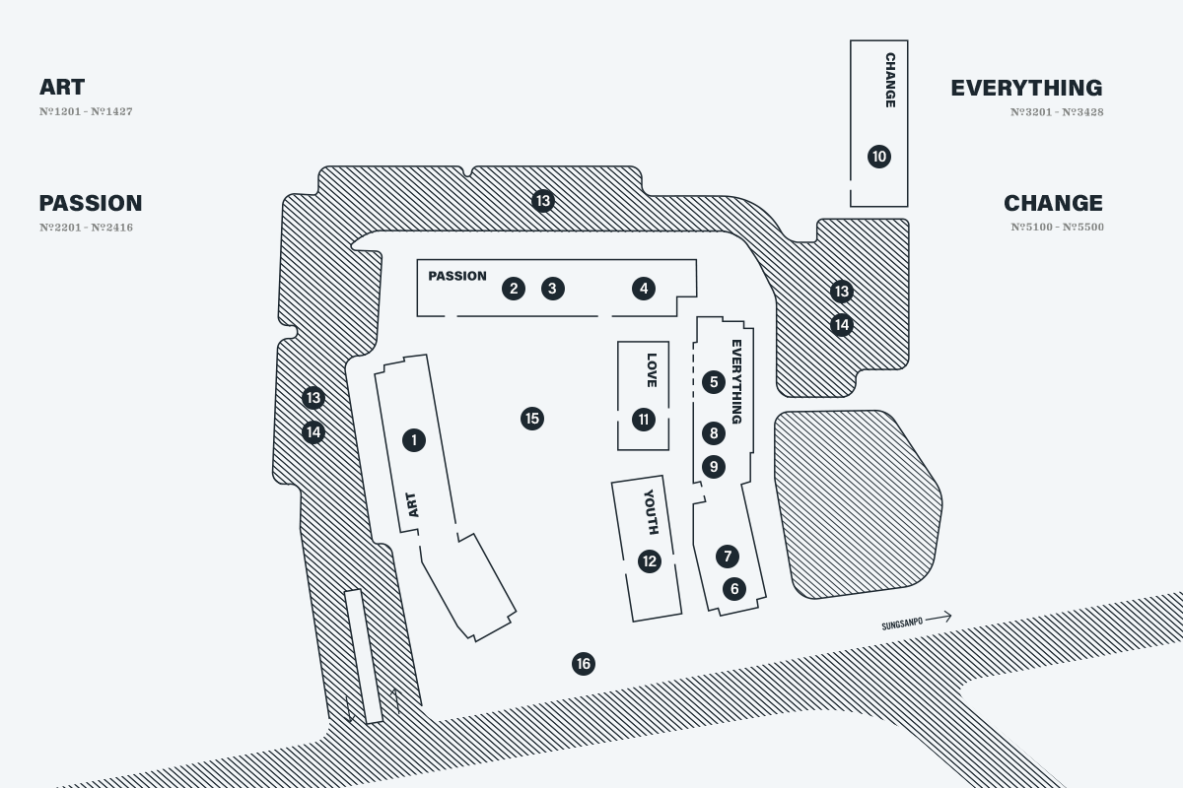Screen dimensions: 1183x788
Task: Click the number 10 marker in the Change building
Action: (879, 157)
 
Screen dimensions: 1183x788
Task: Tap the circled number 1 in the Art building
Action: (414, 440)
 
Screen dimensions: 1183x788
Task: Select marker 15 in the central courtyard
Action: (532, 419)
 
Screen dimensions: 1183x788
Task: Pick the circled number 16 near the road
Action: (584, 664)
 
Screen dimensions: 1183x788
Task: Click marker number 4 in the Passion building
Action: (644, 289)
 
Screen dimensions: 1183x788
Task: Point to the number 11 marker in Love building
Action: (644, 420)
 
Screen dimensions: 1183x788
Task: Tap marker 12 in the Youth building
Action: (650, 561)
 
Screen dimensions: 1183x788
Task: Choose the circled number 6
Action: (734, 588)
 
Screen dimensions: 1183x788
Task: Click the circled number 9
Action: (714, 467)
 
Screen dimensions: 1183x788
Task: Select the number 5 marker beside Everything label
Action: (714, 382)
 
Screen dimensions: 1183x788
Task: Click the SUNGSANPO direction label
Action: (902, 624)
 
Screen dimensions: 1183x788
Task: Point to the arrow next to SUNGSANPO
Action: (939, 617)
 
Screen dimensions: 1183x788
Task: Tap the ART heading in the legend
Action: (62, 87)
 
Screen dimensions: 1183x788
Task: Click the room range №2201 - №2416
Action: (86, 228)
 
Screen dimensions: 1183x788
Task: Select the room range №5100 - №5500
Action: (1057, 227)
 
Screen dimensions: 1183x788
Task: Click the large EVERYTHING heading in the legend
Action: (1026, 88)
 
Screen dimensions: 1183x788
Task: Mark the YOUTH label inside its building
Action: (652, 512)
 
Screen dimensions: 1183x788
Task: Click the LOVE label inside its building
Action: (652, 370)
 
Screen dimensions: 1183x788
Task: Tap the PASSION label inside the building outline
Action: (457, 276)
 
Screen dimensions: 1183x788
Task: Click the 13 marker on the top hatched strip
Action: (543, 201)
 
